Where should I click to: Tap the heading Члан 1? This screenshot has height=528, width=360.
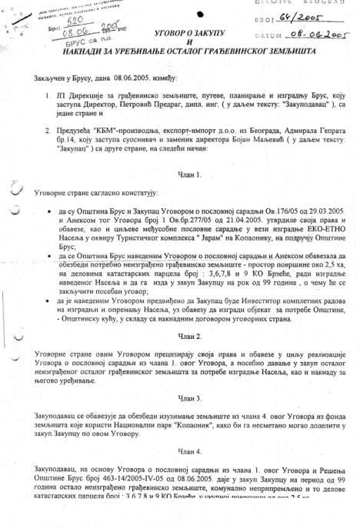coord(188,176)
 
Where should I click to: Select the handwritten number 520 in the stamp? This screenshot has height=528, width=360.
coord(73,23)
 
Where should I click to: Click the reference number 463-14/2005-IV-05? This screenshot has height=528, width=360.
coord(102,475)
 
